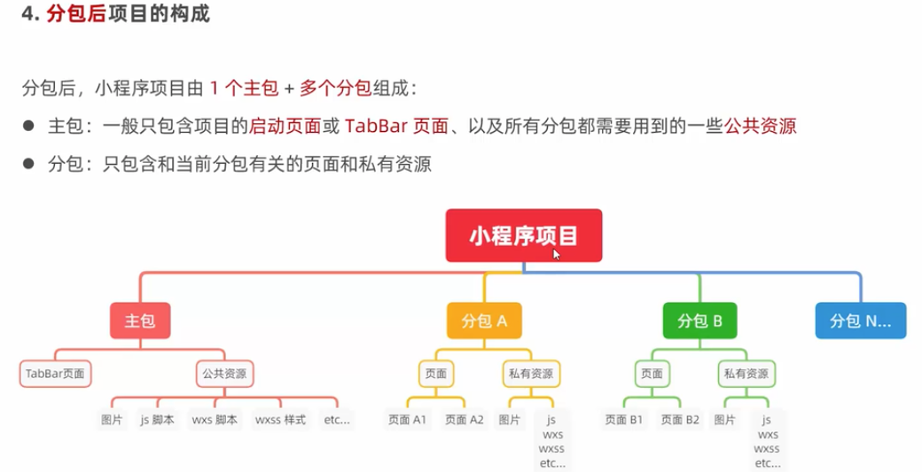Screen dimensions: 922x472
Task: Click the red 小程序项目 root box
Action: [523, 236]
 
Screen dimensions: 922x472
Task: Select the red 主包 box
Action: [140, 321]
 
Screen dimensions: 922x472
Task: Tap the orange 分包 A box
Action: [483, 321]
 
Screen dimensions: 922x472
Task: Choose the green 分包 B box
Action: [699, 321]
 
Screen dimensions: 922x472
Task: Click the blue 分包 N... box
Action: [860, 321]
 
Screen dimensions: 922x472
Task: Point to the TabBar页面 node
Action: [55, 374]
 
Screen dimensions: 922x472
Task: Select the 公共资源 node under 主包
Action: [223, 374]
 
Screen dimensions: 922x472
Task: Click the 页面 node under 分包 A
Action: [435, 374]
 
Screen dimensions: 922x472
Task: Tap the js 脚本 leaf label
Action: [156, 420]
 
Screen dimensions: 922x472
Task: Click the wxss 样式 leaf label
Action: [280, 420]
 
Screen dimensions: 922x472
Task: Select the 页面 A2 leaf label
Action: [465, 420]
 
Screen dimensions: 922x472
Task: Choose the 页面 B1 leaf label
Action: [624, 420]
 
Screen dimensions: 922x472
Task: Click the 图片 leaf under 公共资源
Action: [112, 420]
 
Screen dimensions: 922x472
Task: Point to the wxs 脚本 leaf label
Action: [215, 420]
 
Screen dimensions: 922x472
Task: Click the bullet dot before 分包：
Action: [28, 164]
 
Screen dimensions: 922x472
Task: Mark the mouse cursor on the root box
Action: [556, 253]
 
